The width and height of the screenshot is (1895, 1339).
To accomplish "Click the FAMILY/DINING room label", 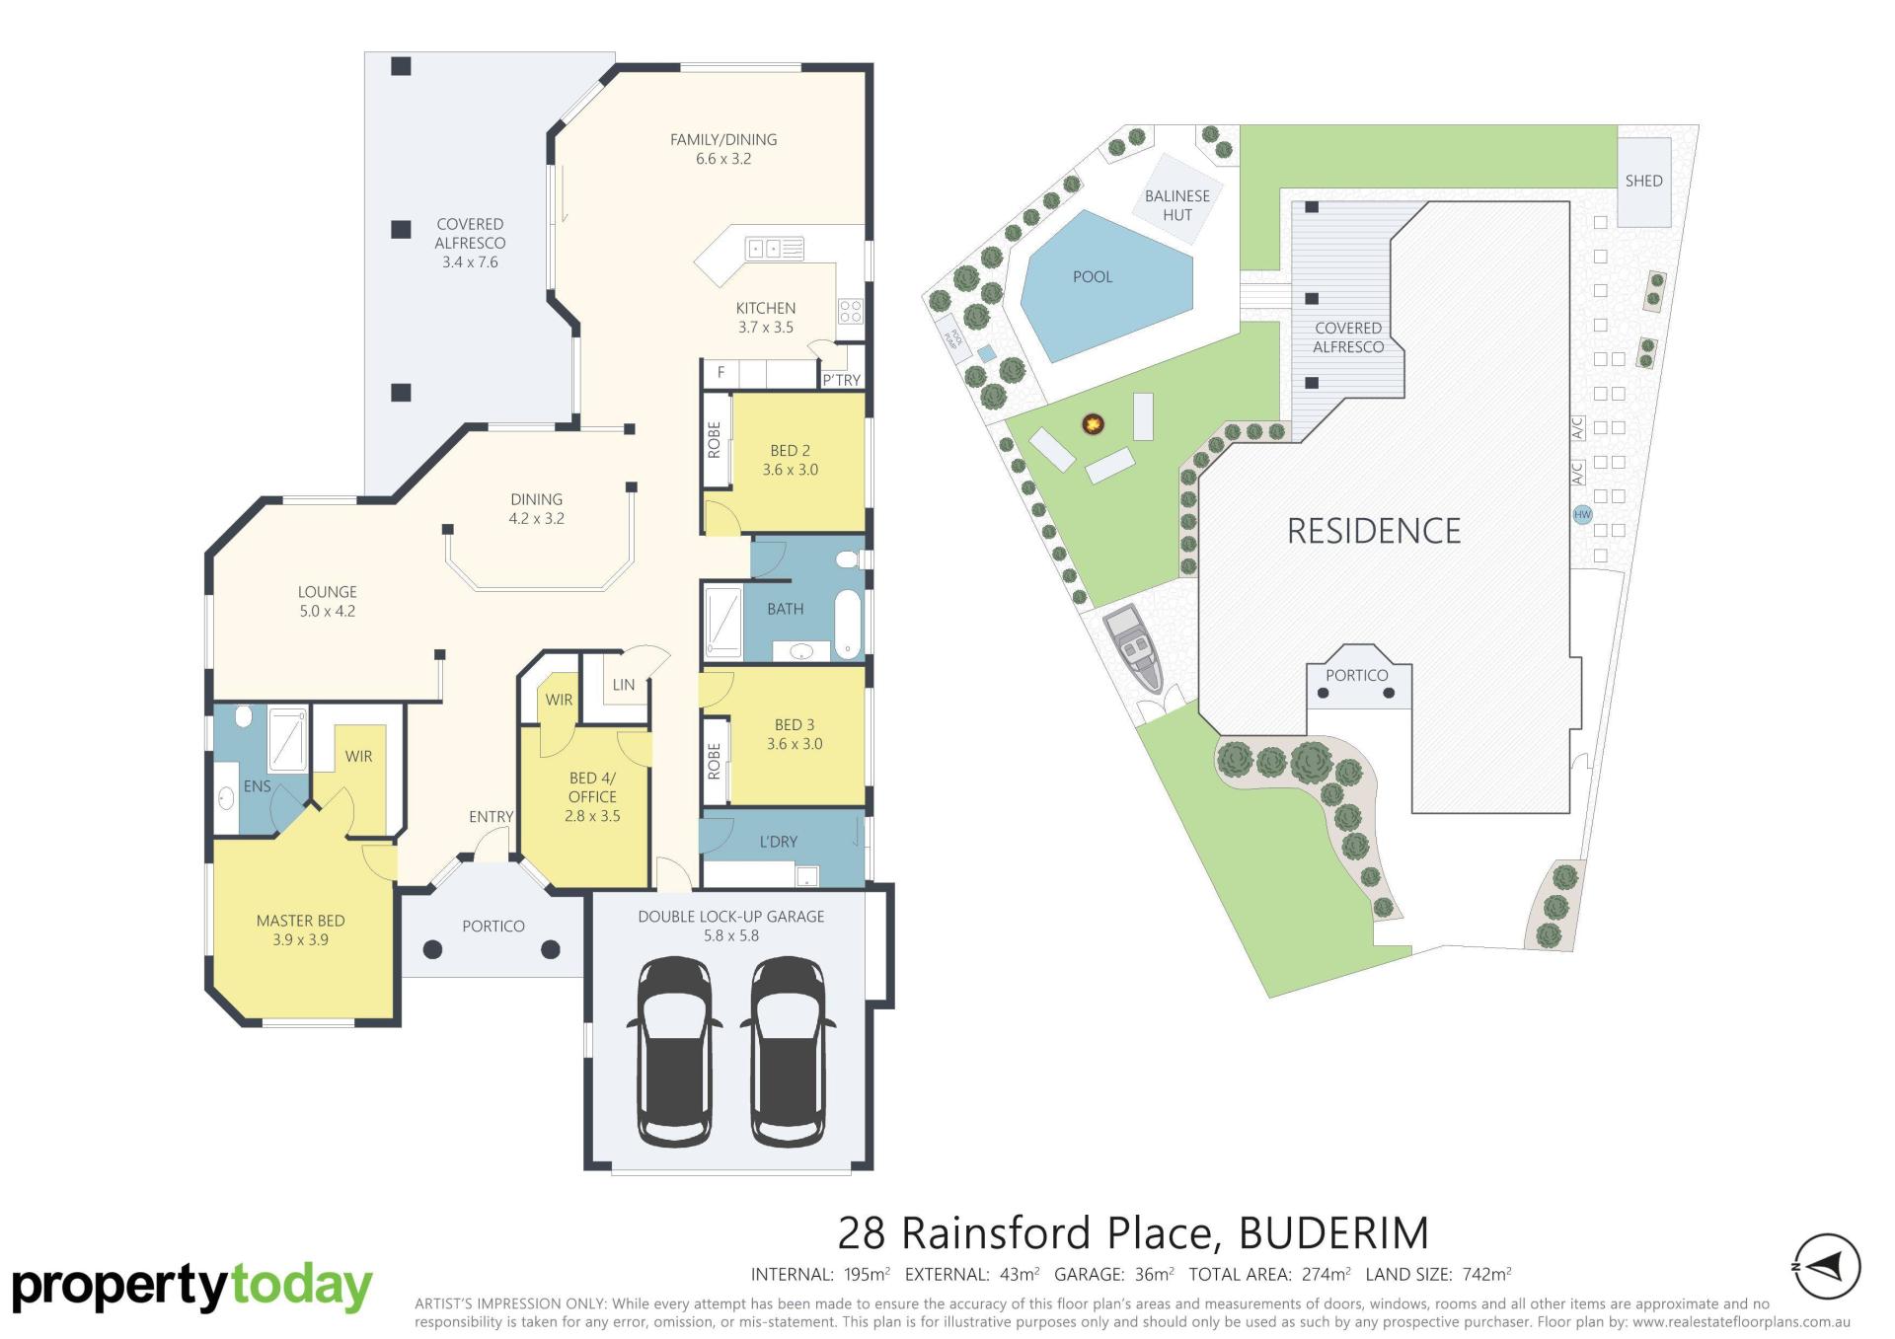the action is point(723,140).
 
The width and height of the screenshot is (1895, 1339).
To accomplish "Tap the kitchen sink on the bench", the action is point(776,249).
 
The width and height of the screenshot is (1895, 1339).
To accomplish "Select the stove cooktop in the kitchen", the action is point(851,312).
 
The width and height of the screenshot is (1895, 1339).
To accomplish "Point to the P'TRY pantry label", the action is point(842,380).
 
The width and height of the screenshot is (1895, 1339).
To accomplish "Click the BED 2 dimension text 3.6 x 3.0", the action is point(791,470).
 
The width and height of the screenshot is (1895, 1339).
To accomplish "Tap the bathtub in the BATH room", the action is point(848,624).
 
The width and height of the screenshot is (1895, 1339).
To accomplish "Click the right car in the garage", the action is point(788,1051).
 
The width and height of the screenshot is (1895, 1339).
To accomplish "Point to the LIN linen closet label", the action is point(624,685).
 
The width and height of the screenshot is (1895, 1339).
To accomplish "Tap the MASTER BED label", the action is point(301,921).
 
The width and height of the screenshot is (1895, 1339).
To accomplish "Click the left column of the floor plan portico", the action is point(432,950).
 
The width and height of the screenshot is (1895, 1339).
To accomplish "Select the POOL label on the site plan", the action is point(1093,277).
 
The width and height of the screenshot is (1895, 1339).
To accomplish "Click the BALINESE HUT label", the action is point(1177,205).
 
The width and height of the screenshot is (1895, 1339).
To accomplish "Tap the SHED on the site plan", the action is point(1644,182).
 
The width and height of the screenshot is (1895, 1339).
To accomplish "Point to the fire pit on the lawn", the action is point(1093,424).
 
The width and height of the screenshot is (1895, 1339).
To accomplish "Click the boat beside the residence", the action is point(1134,650).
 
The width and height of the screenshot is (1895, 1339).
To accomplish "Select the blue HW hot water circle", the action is point(1583,514).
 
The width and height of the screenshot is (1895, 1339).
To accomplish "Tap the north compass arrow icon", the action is point(1827,1266).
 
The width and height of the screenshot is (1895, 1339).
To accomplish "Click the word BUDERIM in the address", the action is point(1333,1233).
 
